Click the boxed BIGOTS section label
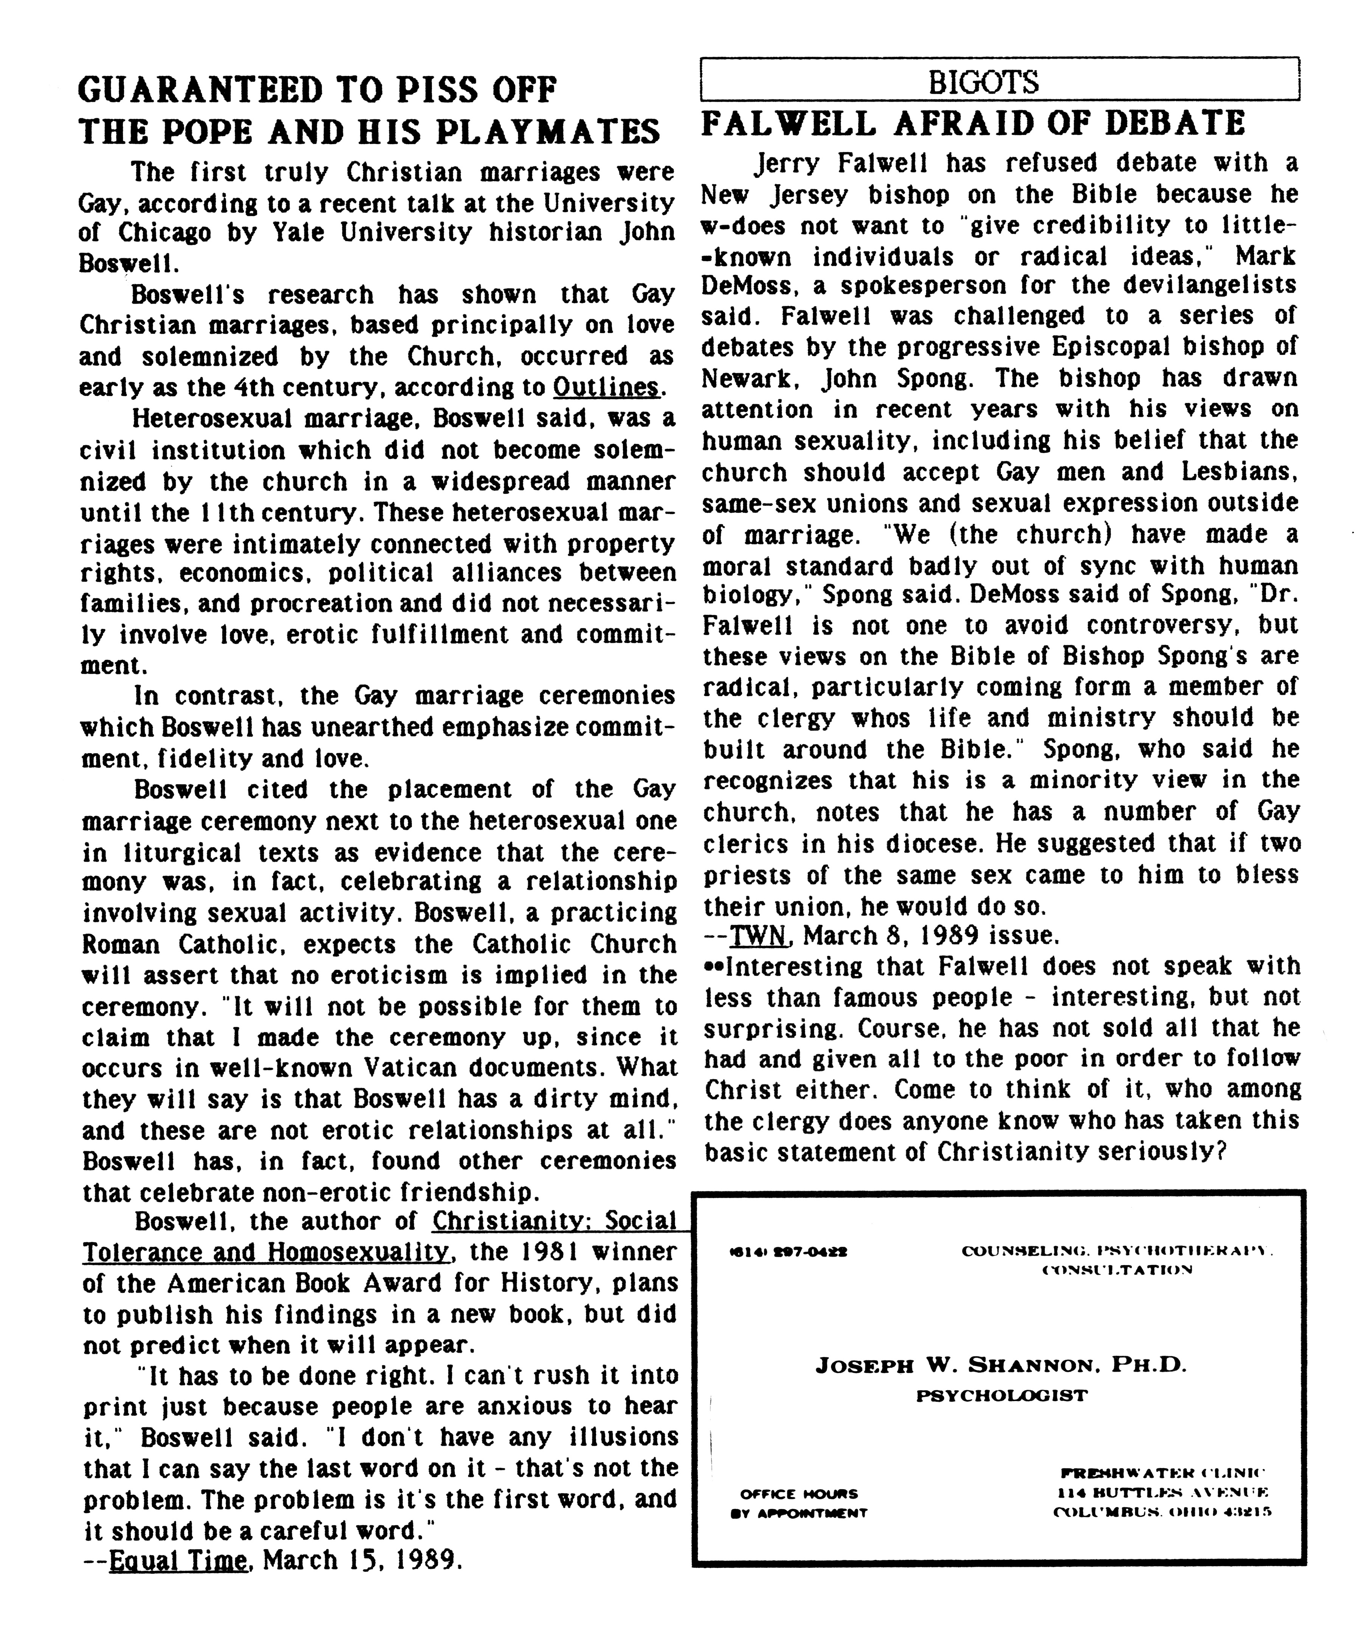coord(983,81)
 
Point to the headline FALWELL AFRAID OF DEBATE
coord(973,124)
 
